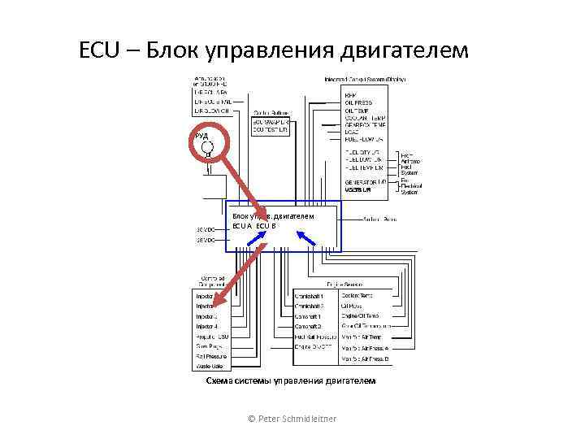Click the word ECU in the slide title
100,50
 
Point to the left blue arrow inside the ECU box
258,237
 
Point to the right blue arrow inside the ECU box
308,237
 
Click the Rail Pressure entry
210,356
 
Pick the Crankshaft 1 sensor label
310,296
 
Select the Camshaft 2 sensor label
309,326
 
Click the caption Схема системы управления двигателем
291,380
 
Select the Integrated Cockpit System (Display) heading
365,80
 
